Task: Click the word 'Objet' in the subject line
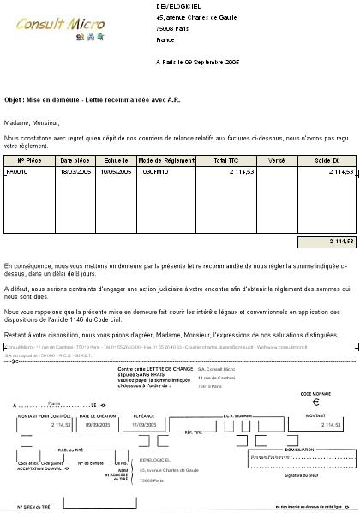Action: click(x=14, y=98)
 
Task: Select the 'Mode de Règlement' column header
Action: click(x=160, y=160)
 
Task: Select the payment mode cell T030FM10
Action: click(x=155, y=172)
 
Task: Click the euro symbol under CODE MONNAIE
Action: click(x=314, y=401)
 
